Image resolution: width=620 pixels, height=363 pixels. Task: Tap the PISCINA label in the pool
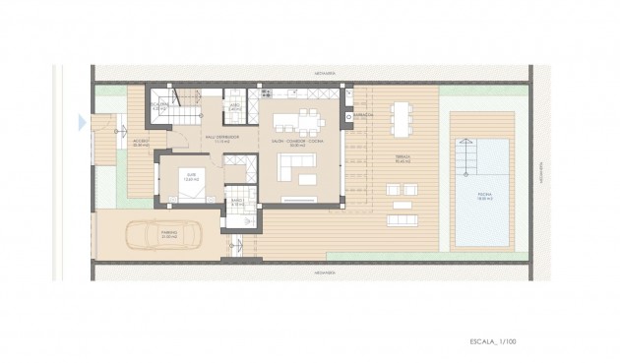[484, 195]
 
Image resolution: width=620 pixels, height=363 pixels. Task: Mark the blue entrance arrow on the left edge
[82, 123]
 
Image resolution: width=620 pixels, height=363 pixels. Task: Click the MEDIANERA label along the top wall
[314, 72]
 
